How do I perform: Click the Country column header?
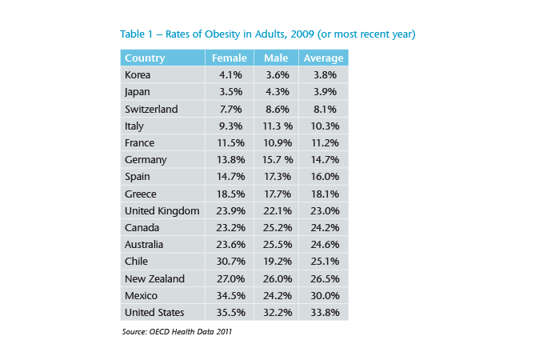(146, 58)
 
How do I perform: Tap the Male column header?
(275, 58)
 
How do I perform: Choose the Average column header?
(323, 58)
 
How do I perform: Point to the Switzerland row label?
(151, 109)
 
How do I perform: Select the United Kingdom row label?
(160, 210)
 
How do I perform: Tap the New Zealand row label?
(155, 278)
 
